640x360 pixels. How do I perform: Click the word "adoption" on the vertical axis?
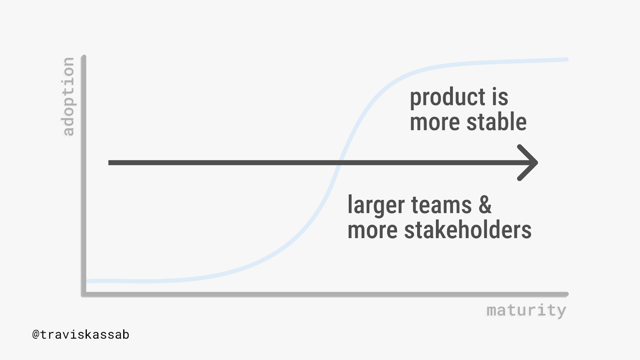68,96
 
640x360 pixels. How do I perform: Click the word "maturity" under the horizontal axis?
526,311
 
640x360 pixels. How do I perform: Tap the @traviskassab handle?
81,335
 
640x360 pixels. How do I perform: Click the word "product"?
448,98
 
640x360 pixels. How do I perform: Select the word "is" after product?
500,97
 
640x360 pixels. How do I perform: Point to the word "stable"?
496,122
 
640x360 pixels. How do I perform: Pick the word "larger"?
376,205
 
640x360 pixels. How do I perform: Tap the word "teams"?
441,206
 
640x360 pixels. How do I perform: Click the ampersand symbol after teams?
485,204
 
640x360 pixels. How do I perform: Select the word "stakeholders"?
468,230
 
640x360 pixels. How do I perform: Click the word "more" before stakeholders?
372,232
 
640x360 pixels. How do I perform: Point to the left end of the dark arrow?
109,162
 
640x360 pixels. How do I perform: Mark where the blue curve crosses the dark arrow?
339,162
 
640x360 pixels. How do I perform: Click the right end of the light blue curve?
567,60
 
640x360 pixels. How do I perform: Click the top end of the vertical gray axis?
84,56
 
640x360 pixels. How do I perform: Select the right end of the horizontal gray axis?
566,294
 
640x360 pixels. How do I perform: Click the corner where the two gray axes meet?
84,294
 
